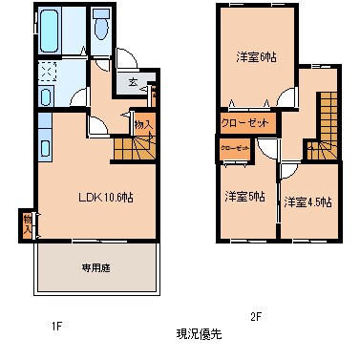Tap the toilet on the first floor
pos(100,27)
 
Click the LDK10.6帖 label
pos(103,198)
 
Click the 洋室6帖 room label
pos(255,56)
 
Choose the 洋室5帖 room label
pos(244,197)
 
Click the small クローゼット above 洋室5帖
pos(236,150)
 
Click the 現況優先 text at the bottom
pos(199,334)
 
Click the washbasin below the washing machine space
pos(47,96)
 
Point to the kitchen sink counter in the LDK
pos(46,145)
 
